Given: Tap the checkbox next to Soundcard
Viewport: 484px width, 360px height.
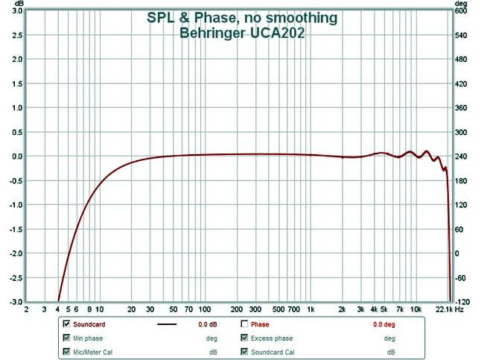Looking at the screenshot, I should [x=67, y=324].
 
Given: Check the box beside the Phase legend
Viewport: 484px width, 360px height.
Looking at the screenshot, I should [x=244, y=324].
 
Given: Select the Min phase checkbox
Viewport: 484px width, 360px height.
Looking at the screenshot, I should [x=67, y=338].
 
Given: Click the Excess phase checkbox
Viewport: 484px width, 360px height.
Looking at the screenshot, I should [x=244, y=338].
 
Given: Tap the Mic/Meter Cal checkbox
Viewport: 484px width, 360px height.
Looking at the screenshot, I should [x=67, y=351].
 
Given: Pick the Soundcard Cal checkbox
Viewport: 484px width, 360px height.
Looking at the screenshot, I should [x=244, y=351].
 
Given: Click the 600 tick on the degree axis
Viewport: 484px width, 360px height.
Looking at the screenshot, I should [x=460, y=11].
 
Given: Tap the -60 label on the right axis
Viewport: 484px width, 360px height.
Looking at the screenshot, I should [x=460, y=277].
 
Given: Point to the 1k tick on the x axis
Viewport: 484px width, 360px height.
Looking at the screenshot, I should [x=311, y=309].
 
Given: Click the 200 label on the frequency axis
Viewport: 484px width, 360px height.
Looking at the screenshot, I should [x=237, y=309].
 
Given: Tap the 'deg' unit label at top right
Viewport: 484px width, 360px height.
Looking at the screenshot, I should [x=462, y=3].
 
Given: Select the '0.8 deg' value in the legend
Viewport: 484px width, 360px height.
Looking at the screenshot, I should [x=383, y=324].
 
